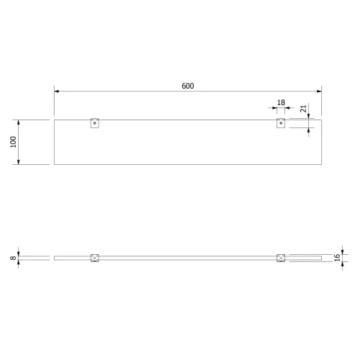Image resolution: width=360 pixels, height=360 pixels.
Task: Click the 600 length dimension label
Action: tap(188, 86)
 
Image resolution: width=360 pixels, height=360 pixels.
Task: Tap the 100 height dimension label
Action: tap(14, 142)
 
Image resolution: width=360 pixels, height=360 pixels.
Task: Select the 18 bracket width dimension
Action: tap(281, 102)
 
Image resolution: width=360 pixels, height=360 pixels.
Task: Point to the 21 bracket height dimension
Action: tap(304, 109)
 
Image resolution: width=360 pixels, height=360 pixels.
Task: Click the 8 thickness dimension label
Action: tap(13, 258)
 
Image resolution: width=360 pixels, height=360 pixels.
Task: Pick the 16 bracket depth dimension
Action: tap(337, 258)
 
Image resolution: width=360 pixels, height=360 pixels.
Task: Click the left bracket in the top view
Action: tap(95, 123)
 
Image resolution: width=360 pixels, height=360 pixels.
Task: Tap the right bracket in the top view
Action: tap(281, 123)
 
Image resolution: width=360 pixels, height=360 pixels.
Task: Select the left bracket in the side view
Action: tap(95, 258)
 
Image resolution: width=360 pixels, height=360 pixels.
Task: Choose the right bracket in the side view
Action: tap(281, 258)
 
